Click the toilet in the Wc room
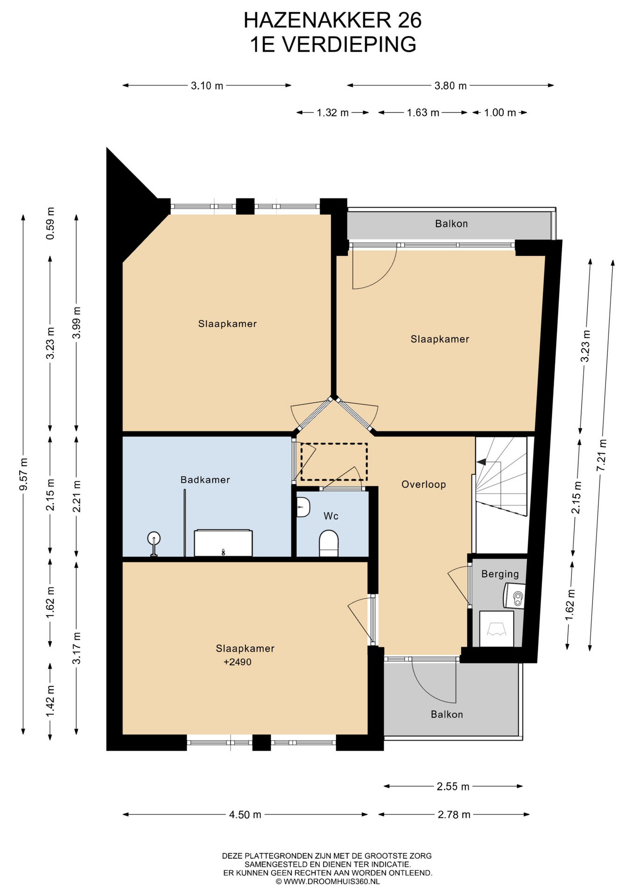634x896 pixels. pyautogui.click(x=329, y=543)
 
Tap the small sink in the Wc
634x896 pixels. pyautogui.click(x=303, y=507)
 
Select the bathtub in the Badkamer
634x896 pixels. pyautogui.click(x=223, y=543)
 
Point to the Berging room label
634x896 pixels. pyautogui.click(x=500, y=574)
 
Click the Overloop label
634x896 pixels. pyautogui.click(x=423, y=484)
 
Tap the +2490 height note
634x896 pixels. pyautogui.click(x=238, y=662)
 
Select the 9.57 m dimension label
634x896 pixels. pyautogui.click(x=23, y=474)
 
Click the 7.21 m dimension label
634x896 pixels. pyautogui.click(x=602, y=455)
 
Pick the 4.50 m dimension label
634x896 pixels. pyautogui.click(x=245, y=815)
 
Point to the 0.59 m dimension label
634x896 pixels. pyautogui.click(x=50, y=223)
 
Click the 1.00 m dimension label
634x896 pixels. pyautogui.click(x=500, y=112)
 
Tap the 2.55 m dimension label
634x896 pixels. pyautogui.click(x=453, y=787)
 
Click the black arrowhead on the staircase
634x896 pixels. pyautogui.click(x=481, y=462)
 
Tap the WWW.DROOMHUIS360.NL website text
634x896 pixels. pyautogui.click(x=331, y=882)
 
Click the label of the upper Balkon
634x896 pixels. pyautogui.click(x=451, y=224)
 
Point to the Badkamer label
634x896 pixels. pyautogui.click(x=205, y=480)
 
